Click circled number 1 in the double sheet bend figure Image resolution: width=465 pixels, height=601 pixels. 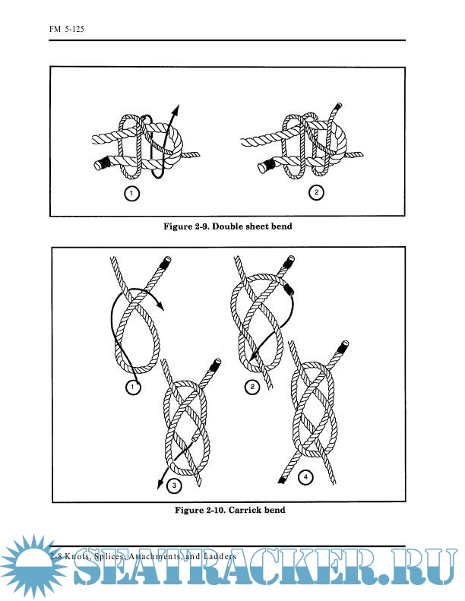[132, 194]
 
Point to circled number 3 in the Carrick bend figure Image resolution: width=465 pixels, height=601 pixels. [174, 486]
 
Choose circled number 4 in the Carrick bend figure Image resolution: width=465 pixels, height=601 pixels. [305, 479]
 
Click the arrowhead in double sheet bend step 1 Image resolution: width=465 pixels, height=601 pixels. [176, 109]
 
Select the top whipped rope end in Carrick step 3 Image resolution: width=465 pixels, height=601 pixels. [214, 367]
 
